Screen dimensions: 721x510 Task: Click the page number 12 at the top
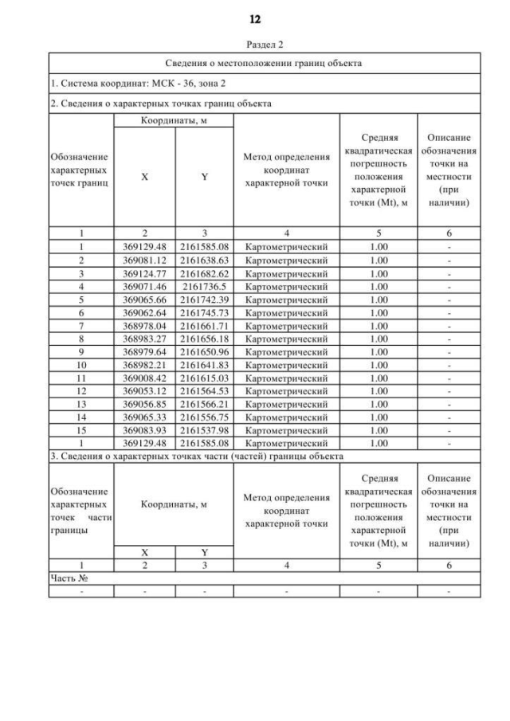click(255, 18)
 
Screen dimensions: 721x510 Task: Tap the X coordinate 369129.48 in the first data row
click(144, 247)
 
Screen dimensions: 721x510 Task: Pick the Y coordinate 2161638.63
click(205, 260)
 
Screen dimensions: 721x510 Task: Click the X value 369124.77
click(144, 272)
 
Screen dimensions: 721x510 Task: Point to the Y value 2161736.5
click(205, 286)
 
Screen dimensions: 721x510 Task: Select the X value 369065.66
click(144, 299)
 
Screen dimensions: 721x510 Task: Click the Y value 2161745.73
click(205, 312)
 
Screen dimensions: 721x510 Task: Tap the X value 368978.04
click(144, 325)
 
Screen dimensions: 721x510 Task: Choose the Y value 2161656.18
click(205, 338)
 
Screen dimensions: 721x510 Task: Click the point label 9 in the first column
click(81, 351)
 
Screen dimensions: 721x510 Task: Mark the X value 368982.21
click(144, 364)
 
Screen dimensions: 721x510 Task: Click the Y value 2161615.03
click(205, 377)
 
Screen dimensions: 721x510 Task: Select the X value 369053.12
click(144, 390)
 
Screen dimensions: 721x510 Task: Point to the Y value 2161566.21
click(205, 403)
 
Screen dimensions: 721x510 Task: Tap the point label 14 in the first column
click(81, 416)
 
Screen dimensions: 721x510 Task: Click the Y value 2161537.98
click(205, 429)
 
